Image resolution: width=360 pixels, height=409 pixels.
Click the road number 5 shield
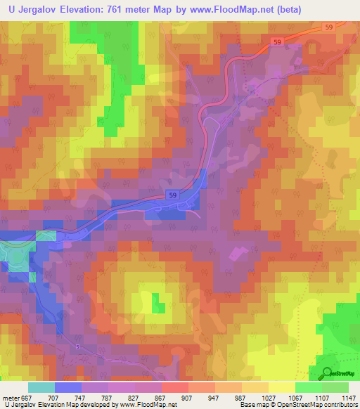(x=77, y=348)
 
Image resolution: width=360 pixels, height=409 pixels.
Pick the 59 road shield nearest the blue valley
(x=172, y=194)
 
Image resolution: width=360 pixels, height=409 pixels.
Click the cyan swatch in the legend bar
(x=41, y=387)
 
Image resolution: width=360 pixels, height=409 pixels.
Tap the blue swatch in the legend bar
(x=68, y=387)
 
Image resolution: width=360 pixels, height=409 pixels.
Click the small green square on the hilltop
(x=160, y=306)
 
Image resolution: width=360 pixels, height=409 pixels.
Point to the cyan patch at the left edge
(x=11, y=257)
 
